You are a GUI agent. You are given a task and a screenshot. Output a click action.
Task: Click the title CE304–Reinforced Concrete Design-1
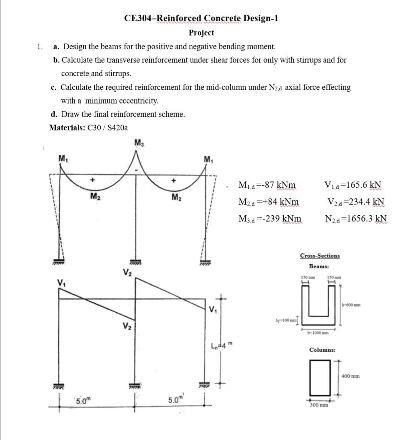201,18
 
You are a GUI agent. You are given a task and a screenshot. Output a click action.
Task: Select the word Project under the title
201,33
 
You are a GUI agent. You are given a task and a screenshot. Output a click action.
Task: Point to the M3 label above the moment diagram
138,142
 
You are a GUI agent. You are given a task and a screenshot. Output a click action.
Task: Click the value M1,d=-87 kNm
267,185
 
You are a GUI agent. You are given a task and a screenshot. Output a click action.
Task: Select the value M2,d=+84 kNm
268,202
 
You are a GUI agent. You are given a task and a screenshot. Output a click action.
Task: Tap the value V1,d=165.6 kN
353,185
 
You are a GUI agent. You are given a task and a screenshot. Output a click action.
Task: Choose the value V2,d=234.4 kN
356,202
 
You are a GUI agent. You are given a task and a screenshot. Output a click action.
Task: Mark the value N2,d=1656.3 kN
356,219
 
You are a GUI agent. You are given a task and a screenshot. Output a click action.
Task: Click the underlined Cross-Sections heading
320,256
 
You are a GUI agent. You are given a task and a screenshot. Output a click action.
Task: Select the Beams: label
319,267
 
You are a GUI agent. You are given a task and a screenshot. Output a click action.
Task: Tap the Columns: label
322,350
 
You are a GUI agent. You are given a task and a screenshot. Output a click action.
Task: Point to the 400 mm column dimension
350,376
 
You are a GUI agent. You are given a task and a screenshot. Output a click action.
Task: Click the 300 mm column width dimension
319,405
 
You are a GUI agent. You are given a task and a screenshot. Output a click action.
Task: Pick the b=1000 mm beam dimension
318,332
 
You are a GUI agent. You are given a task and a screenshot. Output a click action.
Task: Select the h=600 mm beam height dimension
351,305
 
